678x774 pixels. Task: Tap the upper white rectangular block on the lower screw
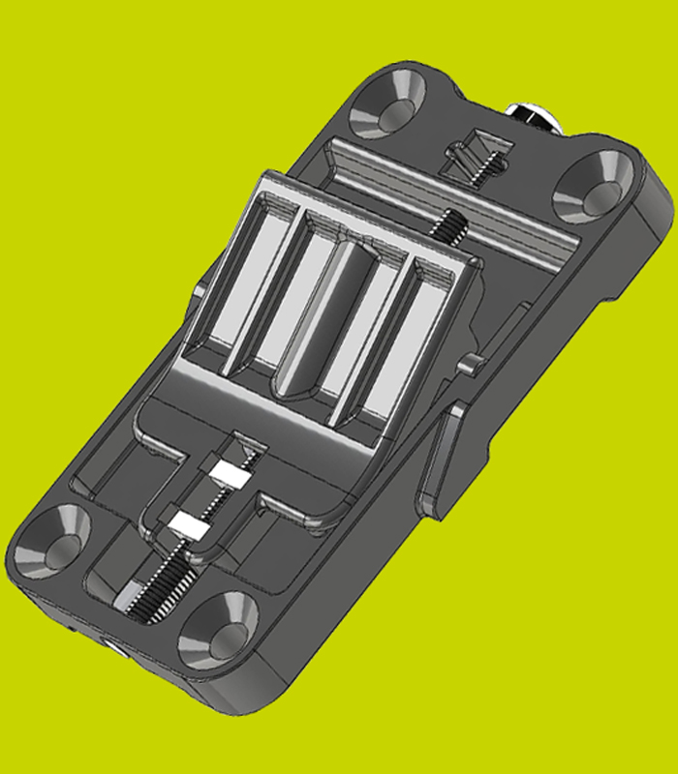232,473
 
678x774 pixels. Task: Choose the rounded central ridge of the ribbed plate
320,319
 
